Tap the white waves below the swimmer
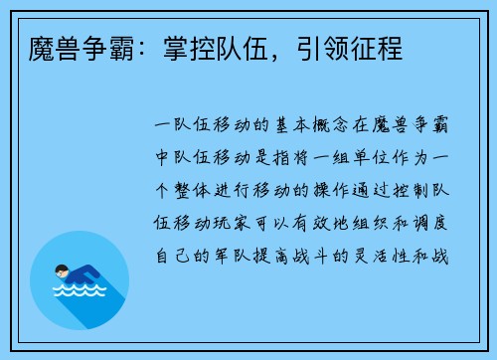79,292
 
